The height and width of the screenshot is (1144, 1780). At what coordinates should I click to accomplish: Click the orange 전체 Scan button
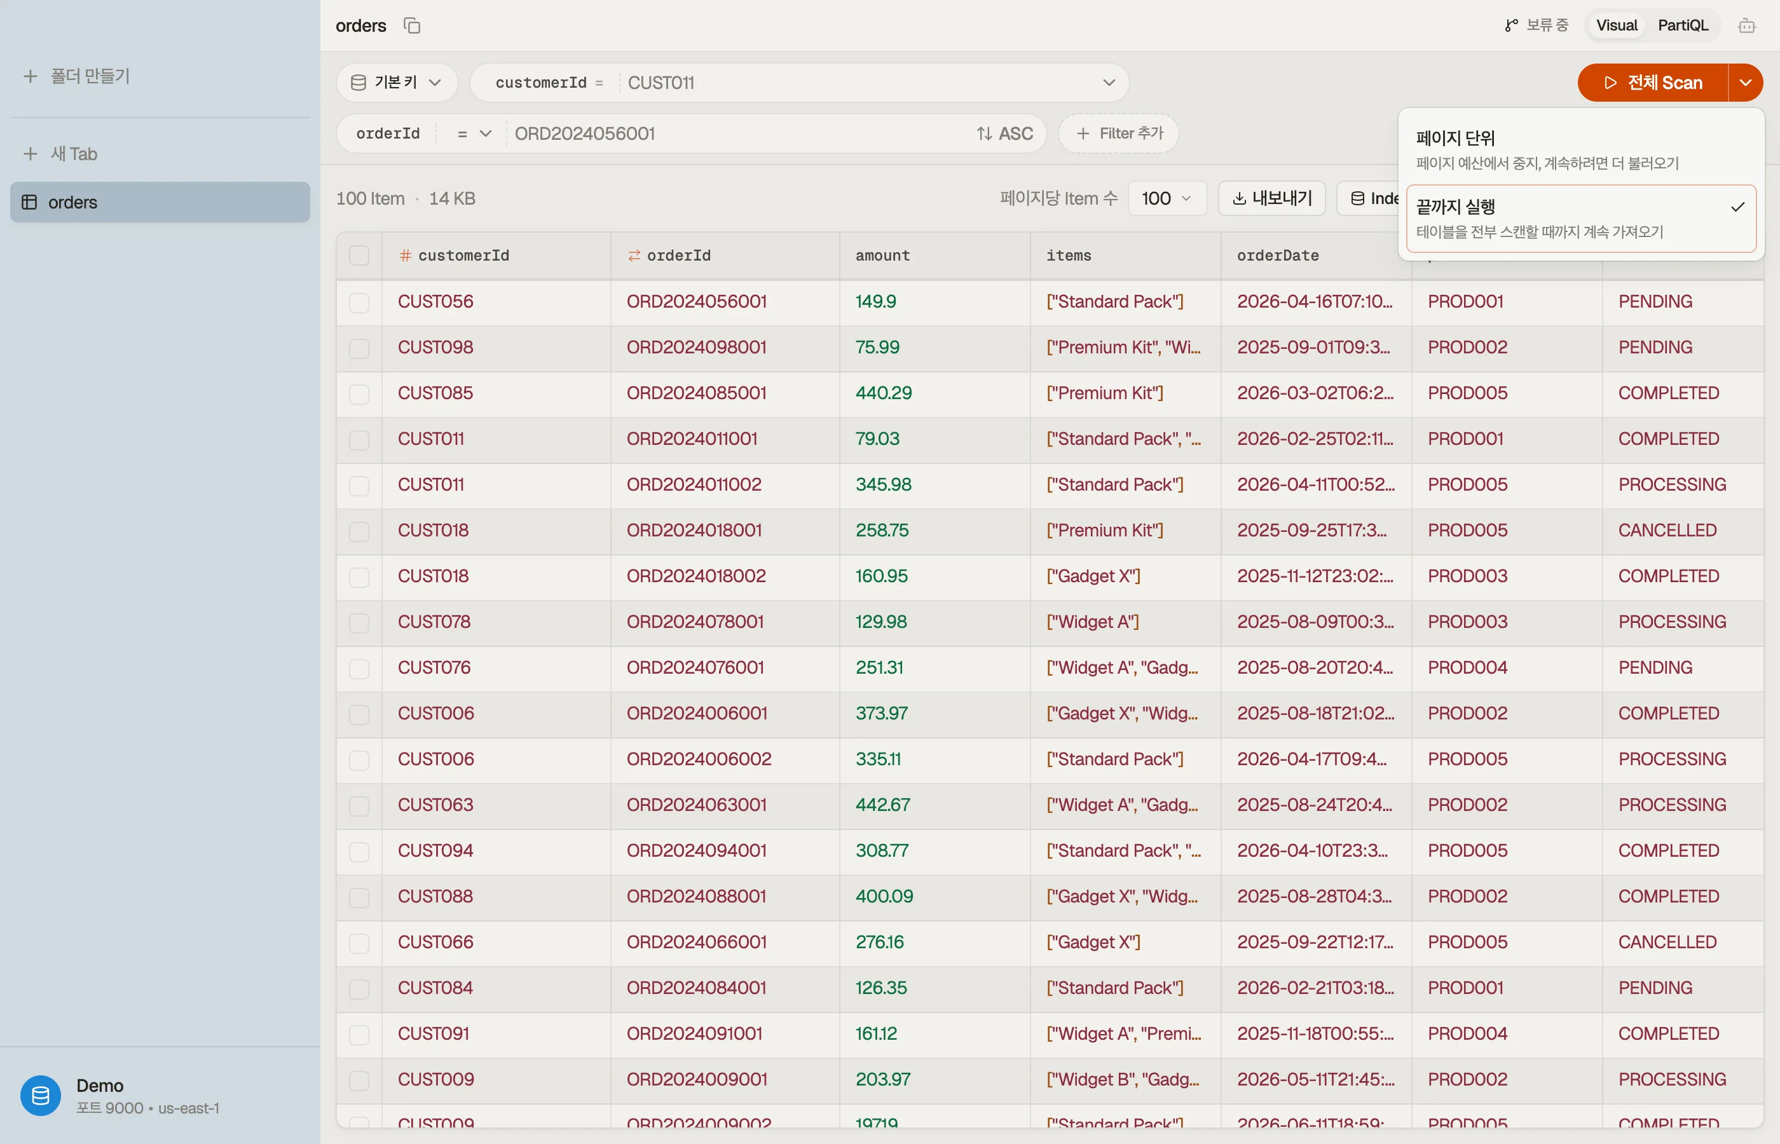pyautogui.click(x=1652, y=83)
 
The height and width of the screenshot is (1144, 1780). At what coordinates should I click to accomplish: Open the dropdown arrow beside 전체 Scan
pyautogui.click(x=1746, y=83)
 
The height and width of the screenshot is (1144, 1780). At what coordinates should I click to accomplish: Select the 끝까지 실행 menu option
pyautogui.click(x=1581, y=219)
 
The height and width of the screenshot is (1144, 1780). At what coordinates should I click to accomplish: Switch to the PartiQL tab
pyautogui.click(x=1683, y=25)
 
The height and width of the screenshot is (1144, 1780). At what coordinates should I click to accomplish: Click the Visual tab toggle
pyautogui.click(x=1617, y=25)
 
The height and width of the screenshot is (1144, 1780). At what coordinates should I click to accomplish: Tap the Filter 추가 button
pyautogui.click(x=1119, y=133)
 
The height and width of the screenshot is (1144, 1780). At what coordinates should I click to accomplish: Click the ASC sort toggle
pyautogui.click(x=1004, y=133)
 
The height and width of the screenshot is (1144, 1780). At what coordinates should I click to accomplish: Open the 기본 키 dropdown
pyautogui.click(x=397, y=83)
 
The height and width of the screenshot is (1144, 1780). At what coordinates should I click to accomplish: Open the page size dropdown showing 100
pyautogui.click(x=1167, y=198)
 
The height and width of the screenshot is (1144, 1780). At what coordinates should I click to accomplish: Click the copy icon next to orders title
pyautogui.click(x=413, y=26)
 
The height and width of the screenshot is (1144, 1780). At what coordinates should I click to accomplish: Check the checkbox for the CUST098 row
pyautogui.click(x=360, y=348)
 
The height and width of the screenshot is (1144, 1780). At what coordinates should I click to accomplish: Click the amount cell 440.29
pyautogui.click(x=883, y=393)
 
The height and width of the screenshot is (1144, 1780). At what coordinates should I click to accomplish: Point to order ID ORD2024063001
pyautogui.click(x=696, y=805)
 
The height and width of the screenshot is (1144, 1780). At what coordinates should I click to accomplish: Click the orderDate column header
pyautogui.click(x=1278, y=255)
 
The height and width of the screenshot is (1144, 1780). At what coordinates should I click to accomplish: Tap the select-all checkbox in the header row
pyautogui.click(x=360, y=255)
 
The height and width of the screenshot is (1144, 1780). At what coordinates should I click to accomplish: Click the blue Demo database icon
pyautogui.click(x=41, y=1095)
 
